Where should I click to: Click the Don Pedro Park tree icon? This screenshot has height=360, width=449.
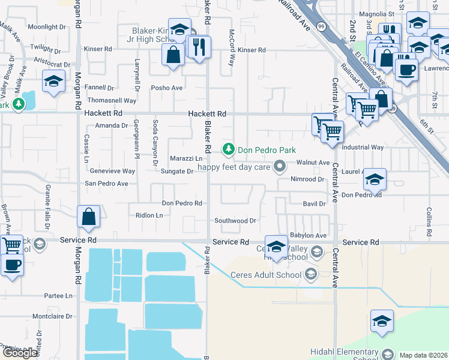[x=228, y=148]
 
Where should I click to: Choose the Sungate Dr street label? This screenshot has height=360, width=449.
[x=176, y=172]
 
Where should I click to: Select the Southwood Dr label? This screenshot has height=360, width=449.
[x=235, y=221]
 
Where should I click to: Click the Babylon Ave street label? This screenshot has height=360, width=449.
[x=308, y=236]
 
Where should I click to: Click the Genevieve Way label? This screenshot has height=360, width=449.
[x=112, y=171]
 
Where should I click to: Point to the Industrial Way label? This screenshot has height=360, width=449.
[x=363, y=147]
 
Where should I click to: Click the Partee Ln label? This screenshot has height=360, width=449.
[x=58, y=296]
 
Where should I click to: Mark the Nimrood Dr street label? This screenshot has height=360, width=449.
[x=307, y=179]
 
